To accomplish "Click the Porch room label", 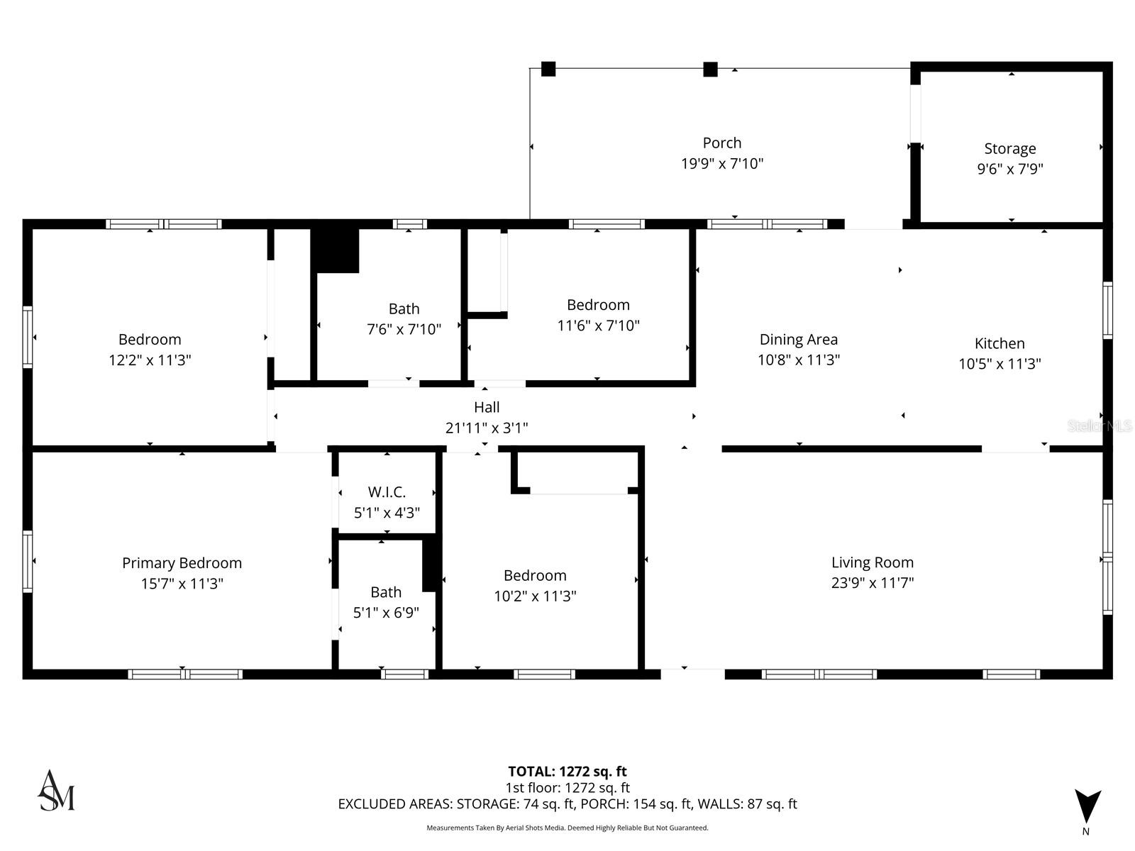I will [721, 143].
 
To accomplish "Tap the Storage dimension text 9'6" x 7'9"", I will [1009, 169].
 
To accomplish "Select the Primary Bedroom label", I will [182, 563].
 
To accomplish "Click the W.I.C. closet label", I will [387, 492].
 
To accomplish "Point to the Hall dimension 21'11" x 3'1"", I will [487, 428].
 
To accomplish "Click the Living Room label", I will [872, 562].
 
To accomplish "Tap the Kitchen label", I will [999, 343].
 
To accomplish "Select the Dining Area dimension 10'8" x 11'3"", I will [798, 360].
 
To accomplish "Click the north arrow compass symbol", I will [1087, 807].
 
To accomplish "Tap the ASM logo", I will [56, 791].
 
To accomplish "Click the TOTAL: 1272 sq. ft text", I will [567, 772].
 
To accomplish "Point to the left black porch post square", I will [548, 69].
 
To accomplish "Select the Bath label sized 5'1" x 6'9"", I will [386, 592].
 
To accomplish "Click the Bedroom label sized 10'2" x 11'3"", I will [535, 576].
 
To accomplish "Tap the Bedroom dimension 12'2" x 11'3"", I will [150, 360].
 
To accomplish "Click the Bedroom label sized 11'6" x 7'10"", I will [598, 305].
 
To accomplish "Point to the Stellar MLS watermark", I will [1100, 425].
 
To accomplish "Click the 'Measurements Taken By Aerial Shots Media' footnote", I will [567, 828].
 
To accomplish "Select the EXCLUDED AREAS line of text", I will [567, 803].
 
